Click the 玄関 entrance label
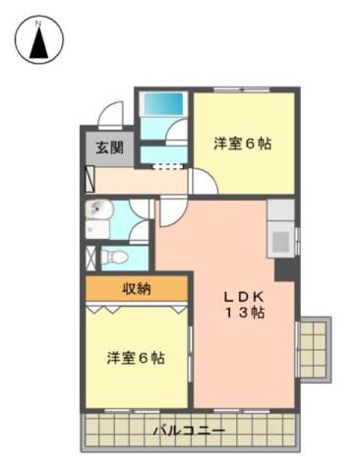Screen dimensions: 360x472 [110, 147]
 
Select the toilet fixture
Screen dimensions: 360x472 [113, 257]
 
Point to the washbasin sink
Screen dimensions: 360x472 [98, 209]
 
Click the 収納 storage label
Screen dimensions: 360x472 [137, 289]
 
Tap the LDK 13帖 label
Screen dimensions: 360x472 [244, 305]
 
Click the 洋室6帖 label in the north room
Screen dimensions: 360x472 [243, 144]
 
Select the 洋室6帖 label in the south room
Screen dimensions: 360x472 [136, 358]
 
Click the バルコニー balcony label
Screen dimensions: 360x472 [190, 430]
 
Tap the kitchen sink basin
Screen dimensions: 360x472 [280, 242]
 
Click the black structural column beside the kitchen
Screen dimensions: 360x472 [286, 269]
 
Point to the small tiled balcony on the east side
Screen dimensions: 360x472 [315, 349]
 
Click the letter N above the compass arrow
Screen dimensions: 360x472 [38, 24]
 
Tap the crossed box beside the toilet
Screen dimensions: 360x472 [90, 258]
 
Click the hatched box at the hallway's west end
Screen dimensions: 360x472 [90, 179]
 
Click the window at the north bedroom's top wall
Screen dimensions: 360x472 [242, 88]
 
